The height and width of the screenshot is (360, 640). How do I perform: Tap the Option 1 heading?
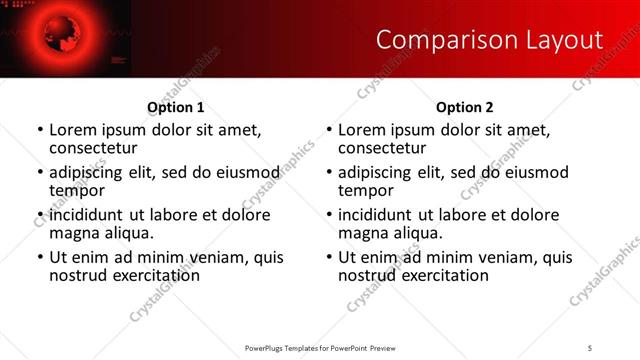[x=176, y=107]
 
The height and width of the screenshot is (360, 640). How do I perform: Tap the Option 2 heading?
[x=464, y=107]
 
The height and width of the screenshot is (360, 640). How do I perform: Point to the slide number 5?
[x=589, y=347]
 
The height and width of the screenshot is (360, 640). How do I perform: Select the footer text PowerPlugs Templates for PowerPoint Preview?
[x=320, y=347]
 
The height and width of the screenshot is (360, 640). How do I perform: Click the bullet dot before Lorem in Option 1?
[x=40, y=131]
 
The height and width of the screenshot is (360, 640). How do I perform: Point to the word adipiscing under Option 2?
[x=376, y=172]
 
